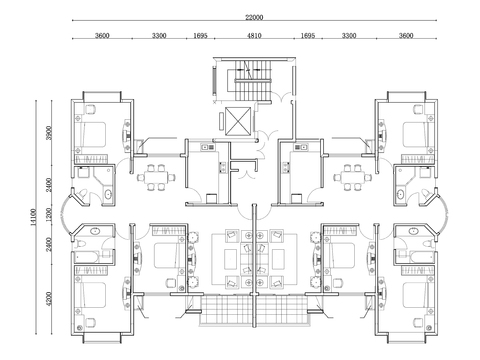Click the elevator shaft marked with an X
(x=240, y=119)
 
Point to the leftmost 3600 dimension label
(x=101, y=36)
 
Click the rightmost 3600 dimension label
(x=405, y=36)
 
